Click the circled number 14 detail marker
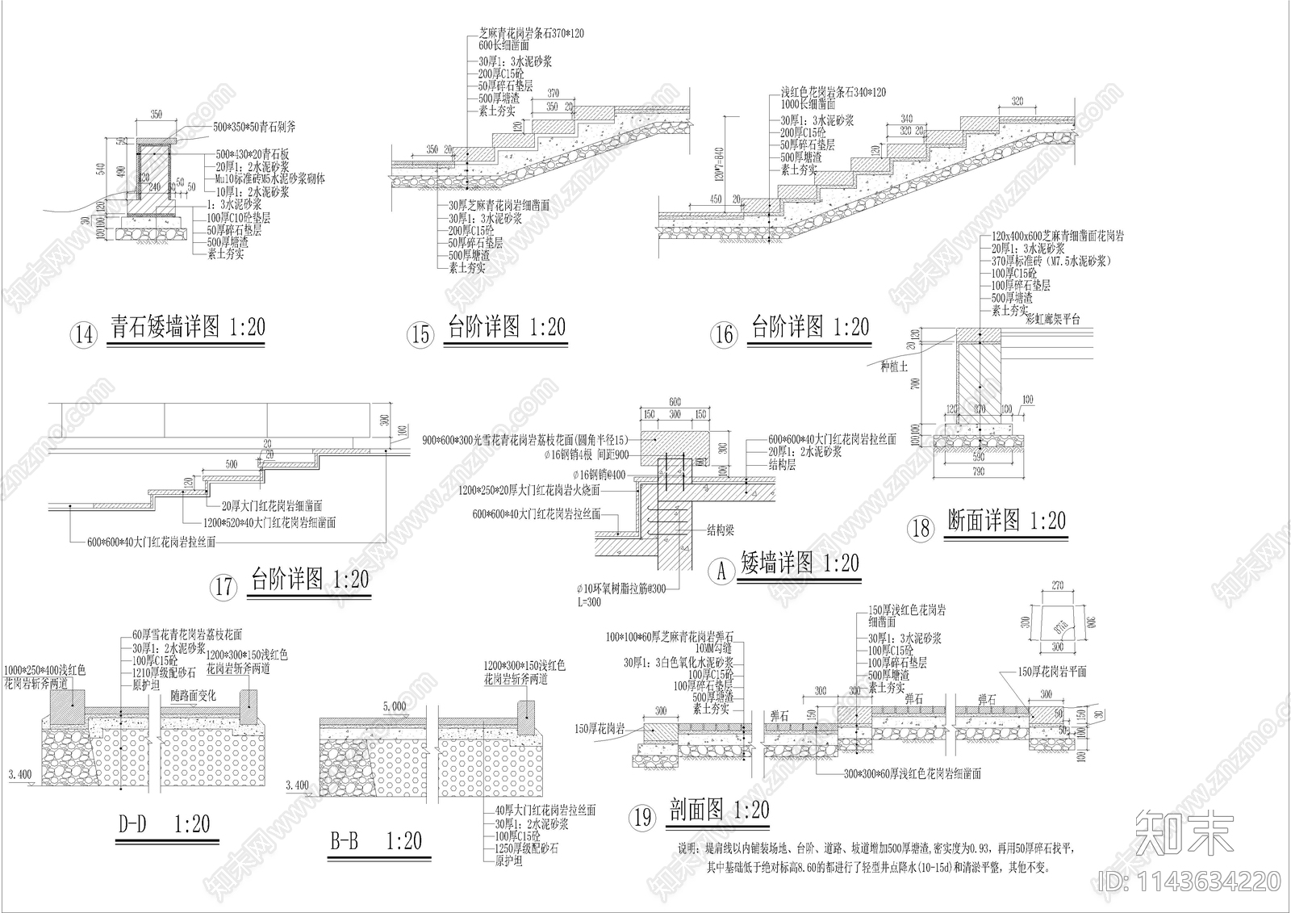coord(84,333)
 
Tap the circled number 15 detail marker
coord(421,333)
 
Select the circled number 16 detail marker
coord(724,333)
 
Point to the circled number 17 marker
coord(224,586)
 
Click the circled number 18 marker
coord(921,528)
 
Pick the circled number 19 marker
coord(642,818)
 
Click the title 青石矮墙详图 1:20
coord(187,327)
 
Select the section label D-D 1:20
coord(165,823)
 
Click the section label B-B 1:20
coord(375,841)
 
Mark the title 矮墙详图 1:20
coord(800,563)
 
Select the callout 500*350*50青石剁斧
coord(254,128)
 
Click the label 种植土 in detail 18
coord(895,366)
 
